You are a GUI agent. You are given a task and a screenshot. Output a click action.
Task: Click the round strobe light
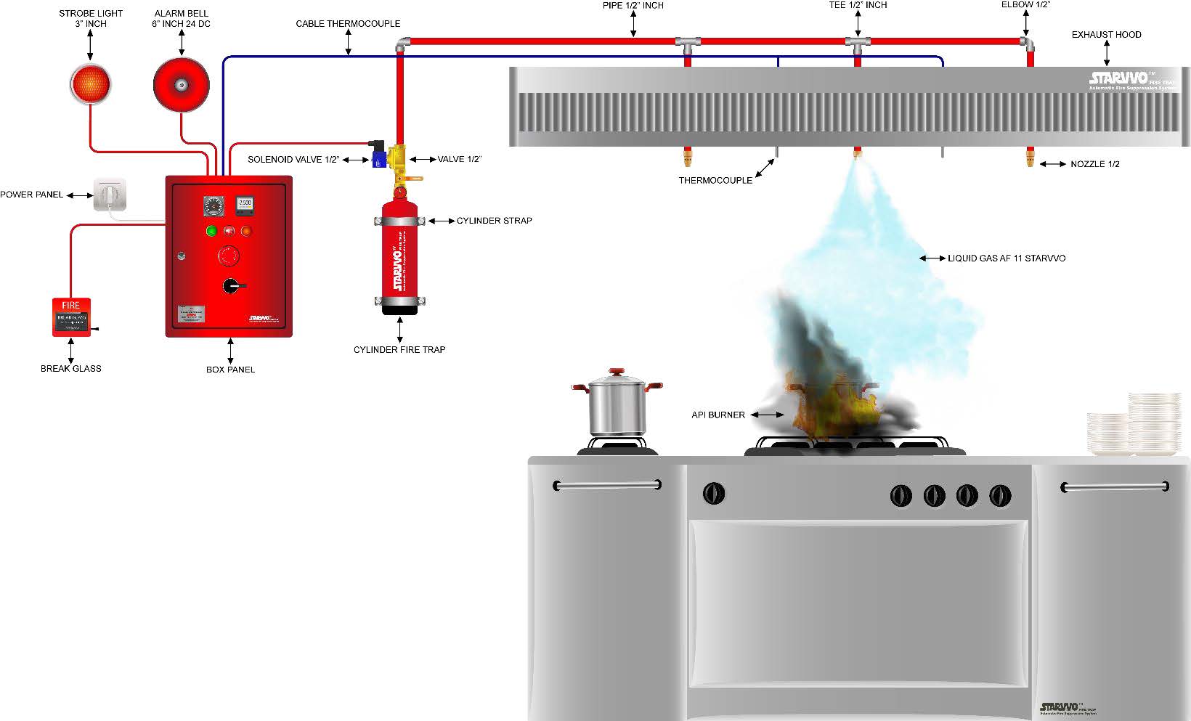90,84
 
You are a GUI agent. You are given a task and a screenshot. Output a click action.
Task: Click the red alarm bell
181,84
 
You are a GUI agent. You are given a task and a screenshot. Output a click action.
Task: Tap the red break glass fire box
70,317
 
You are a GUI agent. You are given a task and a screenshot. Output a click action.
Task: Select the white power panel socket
110,195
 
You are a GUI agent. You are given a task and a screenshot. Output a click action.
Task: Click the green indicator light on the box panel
211,232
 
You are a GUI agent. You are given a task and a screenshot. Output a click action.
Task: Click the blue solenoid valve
379,157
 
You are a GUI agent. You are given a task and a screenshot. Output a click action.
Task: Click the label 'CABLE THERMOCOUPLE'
348,24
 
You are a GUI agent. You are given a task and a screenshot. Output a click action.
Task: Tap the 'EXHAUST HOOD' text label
1106,35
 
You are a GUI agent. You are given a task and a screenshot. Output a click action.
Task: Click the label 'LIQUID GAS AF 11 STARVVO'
1006,258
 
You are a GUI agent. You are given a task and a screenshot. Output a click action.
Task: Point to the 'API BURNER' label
718,415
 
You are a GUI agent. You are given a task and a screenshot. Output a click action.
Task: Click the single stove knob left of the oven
714,494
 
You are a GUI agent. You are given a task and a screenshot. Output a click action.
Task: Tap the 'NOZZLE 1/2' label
1094,164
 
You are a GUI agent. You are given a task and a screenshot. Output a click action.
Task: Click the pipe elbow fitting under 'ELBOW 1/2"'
1027,44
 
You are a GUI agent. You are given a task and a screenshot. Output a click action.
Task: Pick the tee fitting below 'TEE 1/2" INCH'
858,44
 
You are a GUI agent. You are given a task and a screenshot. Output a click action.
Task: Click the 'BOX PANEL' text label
230,370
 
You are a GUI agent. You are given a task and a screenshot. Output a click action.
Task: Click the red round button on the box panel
229,256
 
